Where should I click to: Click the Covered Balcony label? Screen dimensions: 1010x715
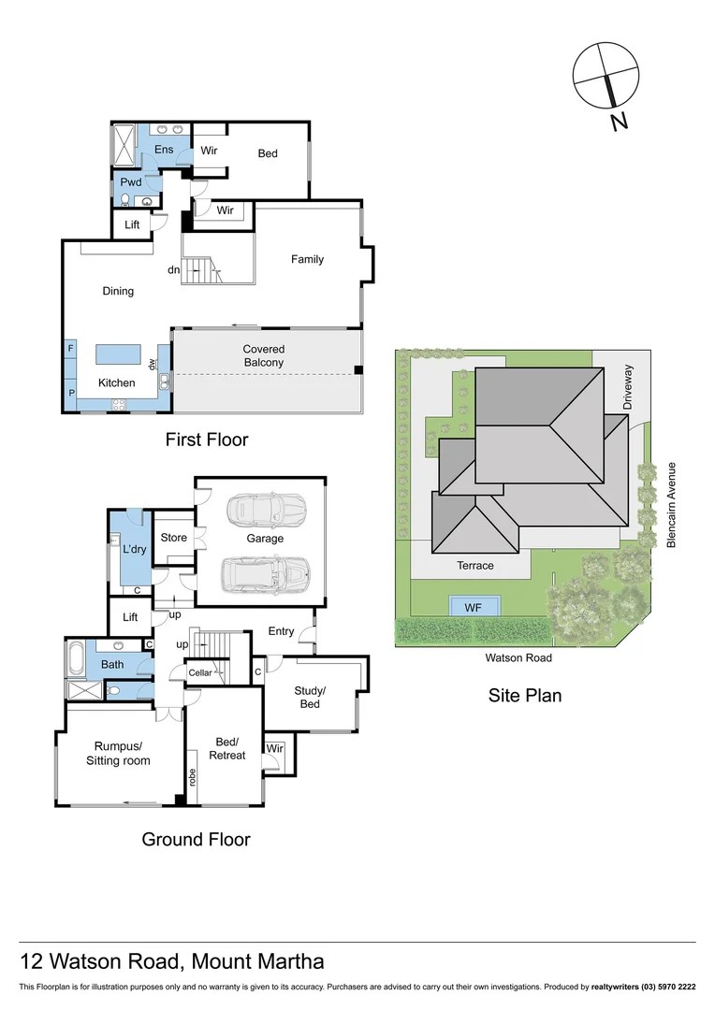[263, 355]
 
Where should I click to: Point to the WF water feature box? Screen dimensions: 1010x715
[474, 607]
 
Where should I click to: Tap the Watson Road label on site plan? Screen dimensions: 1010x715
[518, 657]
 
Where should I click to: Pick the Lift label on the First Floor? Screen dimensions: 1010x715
[131, 225]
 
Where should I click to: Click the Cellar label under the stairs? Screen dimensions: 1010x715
[200, 672]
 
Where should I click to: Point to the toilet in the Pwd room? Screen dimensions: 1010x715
[124, 199]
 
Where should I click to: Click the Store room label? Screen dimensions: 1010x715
[173, 538]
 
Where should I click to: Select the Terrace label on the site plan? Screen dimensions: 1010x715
[474, 566]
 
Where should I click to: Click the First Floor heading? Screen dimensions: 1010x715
[207, 439]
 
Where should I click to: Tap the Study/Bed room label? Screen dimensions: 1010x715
[309, 698]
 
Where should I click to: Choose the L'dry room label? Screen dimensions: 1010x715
[133, 549]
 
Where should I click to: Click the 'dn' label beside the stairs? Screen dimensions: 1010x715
[173, 269]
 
